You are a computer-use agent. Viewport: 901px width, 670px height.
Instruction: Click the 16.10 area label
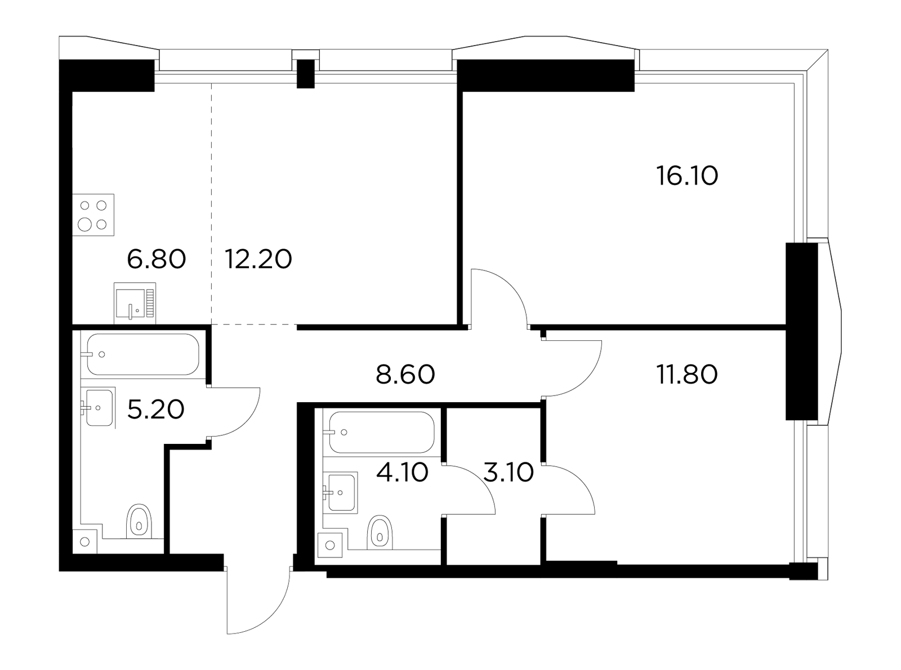687,176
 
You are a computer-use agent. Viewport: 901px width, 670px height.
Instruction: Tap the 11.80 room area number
687,374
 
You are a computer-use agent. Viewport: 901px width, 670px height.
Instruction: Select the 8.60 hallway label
405,374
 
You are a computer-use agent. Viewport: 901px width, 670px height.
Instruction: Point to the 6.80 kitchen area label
157,259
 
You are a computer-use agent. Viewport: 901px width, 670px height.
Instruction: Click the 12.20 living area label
258,259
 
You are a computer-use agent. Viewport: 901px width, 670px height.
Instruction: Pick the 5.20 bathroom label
155,409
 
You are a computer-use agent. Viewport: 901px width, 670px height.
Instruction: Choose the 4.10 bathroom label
402,473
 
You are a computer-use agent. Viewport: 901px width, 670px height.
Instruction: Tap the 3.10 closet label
508,473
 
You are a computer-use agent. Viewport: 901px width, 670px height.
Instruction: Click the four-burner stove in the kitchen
93,215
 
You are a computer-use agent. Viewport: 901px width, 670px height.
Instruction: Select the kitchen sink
135,303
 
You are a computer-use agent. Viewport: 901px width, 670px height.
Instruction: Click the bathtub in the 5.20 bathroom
143,354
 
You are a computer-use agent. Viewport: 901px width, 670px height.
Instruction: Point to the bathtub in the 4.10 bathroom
382,432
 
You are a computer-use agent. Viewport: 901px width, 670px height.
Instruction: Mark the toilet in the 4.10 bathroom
380,532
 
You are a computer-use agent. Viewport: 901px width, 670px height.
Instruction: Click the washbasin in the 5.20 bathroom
99,408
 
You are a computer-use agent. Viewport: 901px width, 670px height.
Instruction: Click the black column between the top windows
305,74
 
